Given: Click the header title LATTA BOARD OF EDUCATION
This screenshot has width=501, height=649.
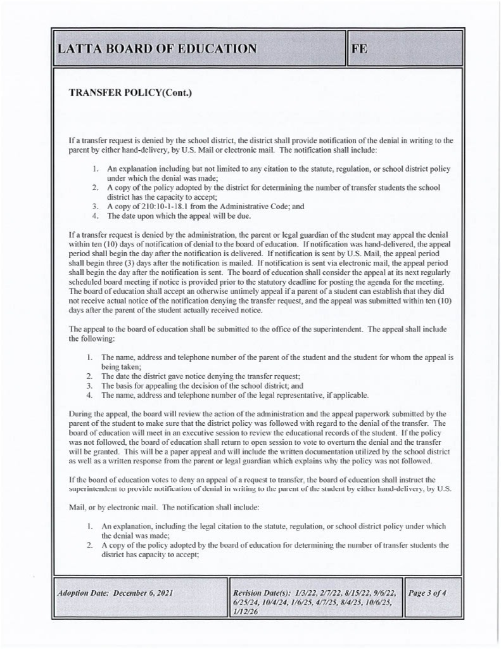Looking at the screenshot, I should [x=157, y=49].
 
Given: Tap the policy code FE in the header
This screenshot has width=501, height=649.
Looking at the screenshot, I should [x=359, y=49].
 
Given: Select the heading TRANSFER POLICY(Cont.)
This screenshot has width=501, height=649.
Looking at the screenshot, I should [x=130, y=93].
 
